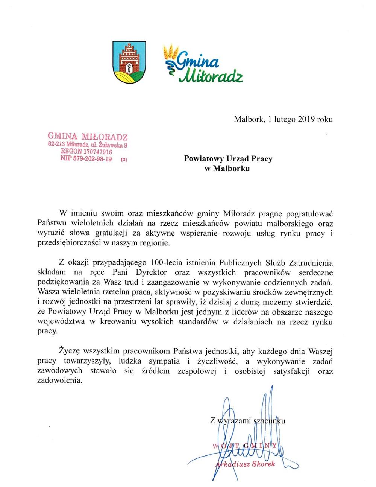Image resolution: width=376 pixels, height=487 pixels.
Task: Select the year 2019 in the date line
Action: point(307,119)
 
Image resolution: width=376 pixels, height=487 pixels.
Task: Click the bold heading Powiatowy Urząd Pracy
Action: point(228,158)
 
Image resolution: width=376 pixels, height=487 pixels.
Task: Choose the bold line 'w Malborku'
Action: point(227,168)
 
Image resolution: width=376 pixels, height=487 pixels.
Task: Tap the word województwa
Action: point(62,322)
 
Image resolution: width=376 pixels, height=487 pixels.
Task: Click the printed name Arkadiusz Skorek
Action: point(245,464)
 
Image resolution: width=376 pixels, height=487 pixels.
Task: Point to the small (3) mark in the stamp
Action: point(124,160)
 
